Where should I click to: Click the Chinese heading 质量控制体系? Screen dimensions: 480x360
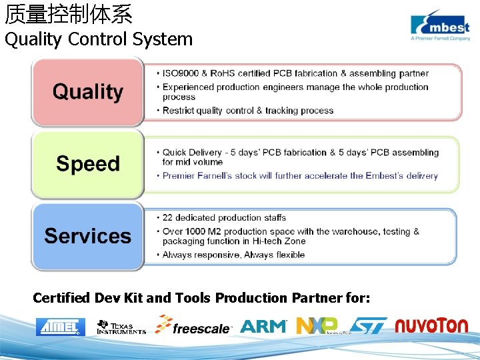[x=69, y=13]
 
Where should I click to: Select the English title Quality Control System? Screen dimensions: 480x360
[x=99, y=39]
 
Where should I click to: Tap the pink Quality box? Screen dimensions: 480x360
[x=87, y=92]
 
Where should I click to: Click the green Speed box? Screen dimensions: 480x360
[x=87, y=164]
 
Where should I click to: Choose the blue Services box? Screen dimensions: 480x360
[x=87, y=236]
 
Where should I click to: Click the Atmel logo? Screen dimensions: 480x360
[x=61, y=326]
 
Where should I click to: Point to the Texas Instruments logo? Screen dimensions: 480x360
[x=121, y=326]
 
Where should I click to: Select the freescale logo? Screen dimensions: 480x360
[x=193, y=325]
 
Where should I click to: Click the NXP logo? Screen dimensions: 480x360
[x=317, y=325]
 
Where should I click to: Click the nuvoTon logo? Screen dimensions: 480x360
[x=431, y=325]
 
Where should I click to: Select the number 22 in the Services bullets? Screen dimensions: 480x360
[x=168, y=217]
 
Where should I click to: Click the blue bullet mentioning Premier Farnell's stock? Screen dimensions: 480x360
[x=300, y=176]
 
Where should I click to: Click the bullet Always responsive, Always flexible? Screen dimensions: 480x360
[x=233, y=255]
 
